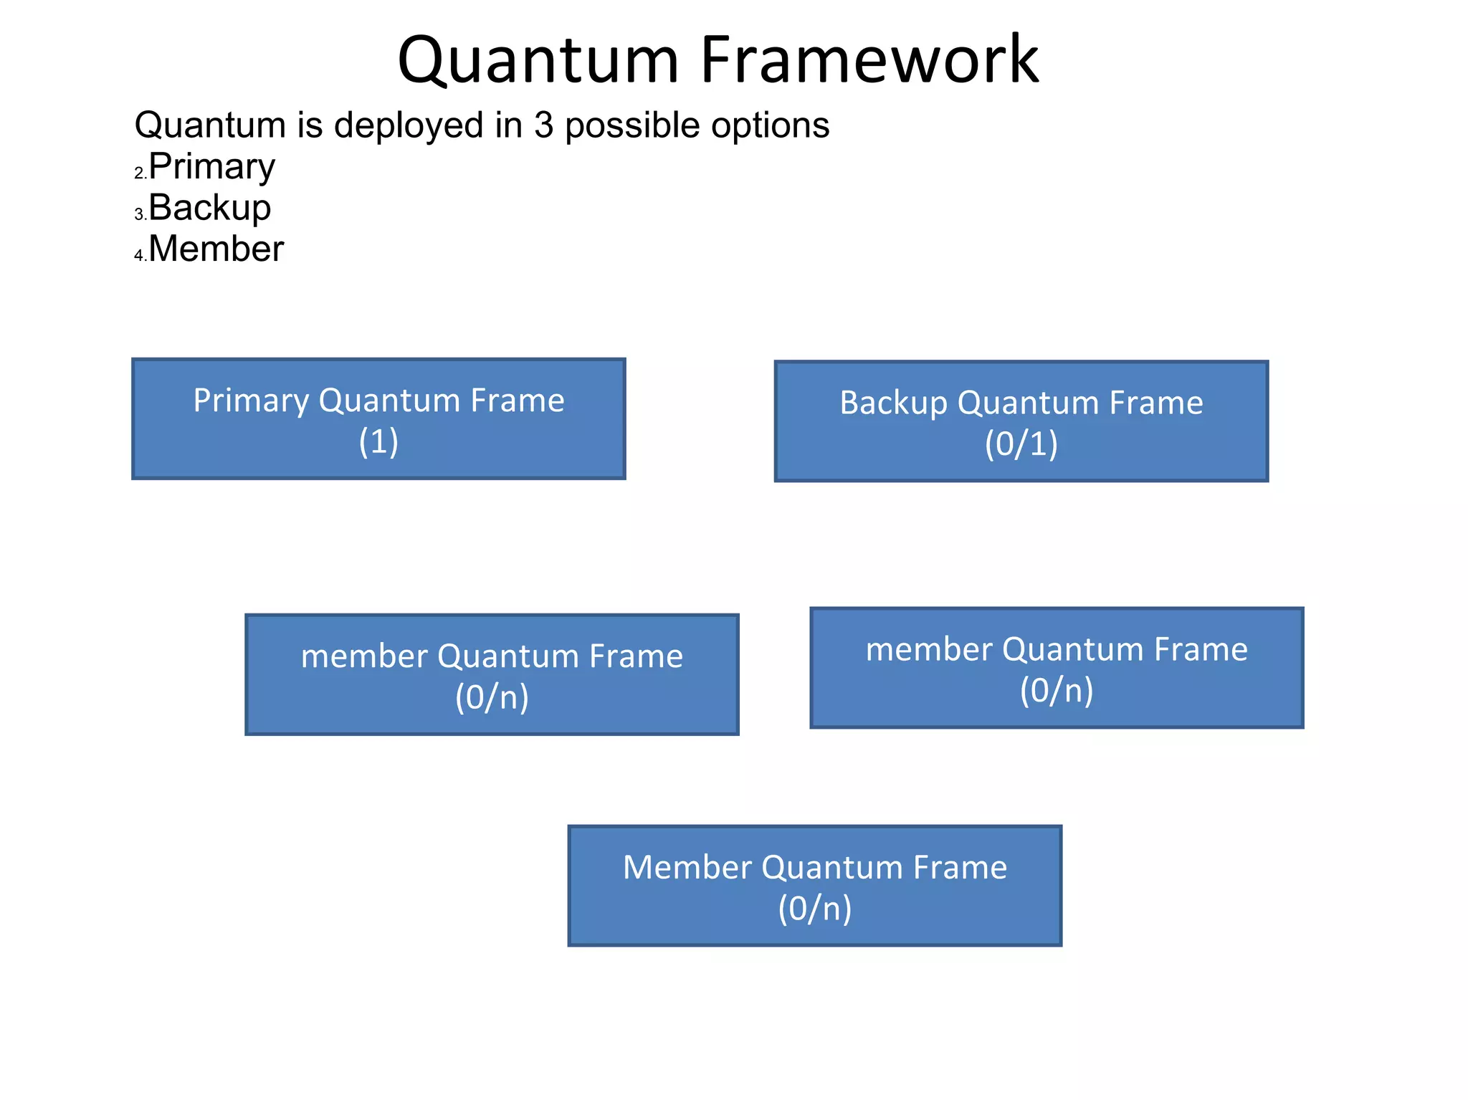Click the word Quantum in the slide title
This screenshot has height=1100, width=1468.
point(538,60)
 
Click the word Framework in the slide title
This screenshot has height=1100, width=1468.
point(869,60)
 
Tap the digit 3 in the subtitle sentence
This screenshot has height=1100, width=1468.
point(543,125)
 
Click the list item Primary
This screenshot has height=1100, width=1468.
point(211,167)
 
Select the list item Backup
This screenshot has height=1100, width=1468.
point(209,208)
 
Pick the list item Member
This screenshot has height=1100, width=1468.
point(216,249)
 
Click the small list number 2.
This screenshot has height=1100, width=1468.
point(139,173)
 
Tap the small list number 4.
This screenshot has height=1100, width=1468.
point(139,255)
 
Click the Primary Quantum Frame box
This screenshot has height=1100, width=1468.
point(378,419)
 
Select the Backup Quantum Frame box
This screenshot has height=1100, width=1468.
point(1021,421)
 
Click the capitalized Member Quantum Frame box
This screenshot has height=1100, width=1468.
point(814,885)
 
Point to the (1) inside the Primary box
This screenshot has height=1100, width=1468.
point(378,441)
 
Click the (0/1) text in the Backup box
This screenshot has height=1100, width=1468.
point(1021,444)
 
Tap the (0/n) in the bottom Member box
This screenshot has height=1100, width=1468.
point(814,909)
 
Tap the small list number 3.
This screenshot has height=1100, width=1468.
point(139,214)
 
